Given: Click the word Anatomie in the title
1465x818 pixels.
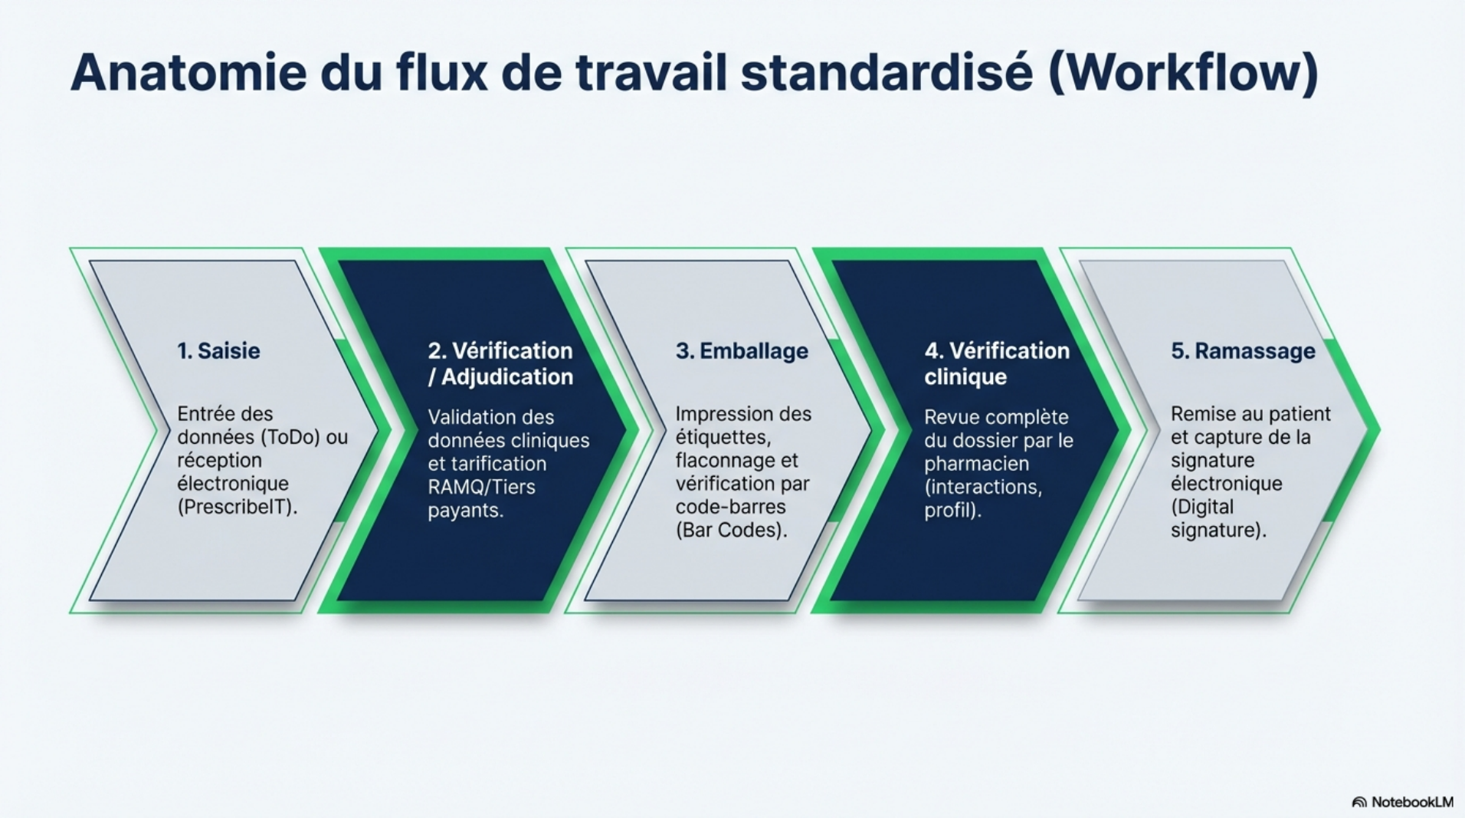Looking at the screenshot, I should coord(188,73).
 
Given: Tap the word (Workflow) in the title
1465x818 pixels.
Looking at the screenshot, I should coord(1182,73).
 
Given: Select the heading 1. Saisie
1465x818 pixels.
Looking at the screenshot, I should coord(218,351).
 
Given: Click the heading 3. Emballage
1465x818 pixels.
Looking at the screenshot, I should coord(742,351).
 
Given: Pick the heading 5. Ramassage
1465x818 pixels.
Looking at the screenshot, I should coord(1243,351).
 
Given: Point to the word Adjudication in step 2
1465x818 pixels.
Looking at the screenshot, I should coord(507,377).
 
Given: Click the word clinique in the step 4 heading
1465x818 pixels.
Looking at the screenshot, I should coord(965,377).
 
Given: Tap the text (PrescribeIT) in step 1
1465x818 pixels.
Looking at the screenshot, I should coord(238,508).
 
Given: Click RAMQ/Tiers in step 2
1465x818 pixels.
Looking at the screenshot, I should coord(481,487).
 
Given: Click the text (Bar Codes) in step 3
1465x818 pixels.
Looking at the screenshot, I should coord(731,531).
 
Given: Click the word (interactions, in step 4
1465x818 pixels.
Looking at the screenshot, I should coord(982,487).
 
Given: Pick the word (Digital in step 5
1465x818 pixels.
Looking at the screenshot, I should coord(1201,508).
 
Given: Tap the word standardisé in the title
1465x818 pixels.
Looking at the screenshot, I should coord(887,73).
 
